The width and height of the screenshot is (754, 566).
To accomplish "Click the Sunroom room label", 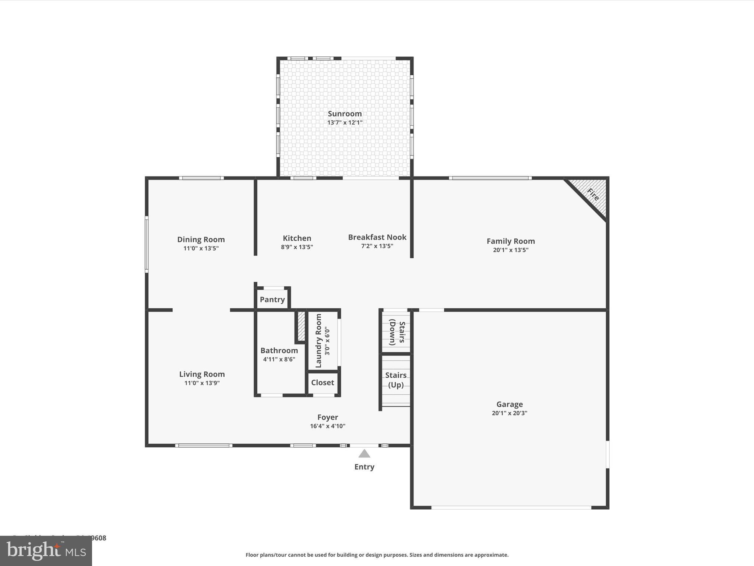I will coord(345,113).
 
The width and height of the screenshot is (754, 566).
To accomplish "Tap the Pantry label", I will coord(272,300).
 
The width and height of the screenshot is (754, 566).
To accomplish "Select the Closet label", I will coord(323,382).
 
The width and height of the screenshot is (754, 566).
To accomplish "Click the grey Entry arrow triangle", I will coord(364,454).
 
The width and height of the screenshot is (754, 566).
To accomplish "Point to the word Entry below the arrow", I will coord(364,467).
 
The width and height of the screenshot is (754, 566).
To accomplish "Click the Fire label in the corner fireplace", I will coord(593,194).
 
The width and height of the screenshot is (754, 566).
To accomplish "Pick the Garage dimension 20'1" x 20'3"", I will coord(509,413).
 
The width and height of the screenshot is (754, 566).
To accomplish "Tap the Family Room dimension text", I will coord(510,250).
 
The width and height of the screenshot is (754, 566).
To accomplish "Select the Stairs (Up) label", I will coord(396,380).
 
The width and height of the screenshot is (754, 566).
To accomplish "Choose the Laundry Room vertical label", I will coord(319,341).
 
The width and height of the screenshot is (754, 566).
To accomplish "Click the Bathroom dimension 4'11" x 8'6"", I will coord(279,359).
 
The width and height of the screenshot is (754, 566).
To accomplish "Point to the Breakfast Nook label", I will coord(377,237).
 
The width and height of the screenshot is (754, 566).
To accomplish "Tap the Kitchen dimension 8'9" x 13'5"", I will coord(297,247).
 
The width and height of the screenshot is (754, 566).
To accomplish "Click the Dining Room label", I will coord(201,240).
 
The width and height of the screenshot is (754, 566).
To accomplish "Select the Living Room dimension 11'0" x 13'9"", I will coord(202,383).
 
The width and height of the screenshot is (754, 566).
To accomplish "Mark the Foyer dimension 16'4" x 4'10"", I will coord(327,426).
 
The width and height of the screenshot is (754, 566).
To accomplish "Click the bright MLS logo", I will coord(46,551).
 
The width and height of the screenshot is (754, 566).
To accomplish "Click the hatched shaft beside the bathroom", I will coord(301,326).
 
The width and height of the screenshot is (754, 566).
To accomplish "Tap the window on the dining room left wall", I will coord(147,244).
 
